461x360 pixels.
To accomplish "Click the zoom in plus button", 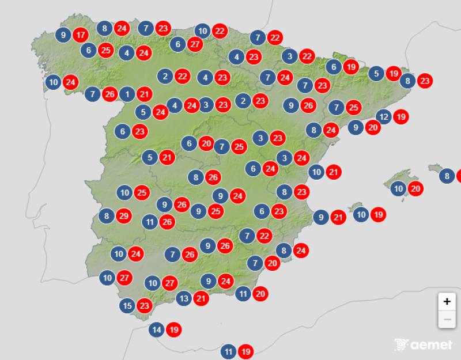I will tap(447, 301).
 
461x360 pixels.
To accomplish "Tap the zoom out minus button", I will tap(447, 319).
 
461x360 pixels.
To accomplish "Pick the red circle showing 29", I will tap(123, 217).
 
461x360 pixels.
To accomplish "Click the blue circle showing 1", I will tap(127, 94).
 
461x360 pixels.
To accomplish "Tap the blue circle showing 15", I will tap(127, 305).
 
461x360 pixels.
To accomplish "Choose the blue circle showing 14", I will tap(157, 330).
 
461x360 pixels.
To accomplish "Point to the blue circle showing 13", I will tap(184, 298).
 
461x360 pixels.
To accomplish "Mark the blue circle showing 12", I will tap(384, 117).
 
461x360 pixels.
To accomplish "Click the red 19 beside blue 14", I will tap(174, 330).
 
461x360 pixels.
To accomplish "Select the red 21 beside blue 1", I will tap(145, 94).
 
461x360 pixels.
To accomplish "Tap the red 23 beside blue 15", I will tap(145, 305).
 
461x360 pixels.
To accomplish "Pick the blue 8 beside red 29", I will tap(106, 217).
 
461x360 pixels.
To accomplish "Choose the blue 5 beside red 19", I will tap(376, 74).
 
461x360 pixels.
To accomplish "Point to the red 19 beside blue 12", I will tap(401, 117).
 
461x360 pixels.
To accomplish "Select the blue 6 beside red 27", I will tap(179, 44).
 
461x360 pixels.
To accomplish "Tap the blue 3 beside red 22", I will tap(290, 56).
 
